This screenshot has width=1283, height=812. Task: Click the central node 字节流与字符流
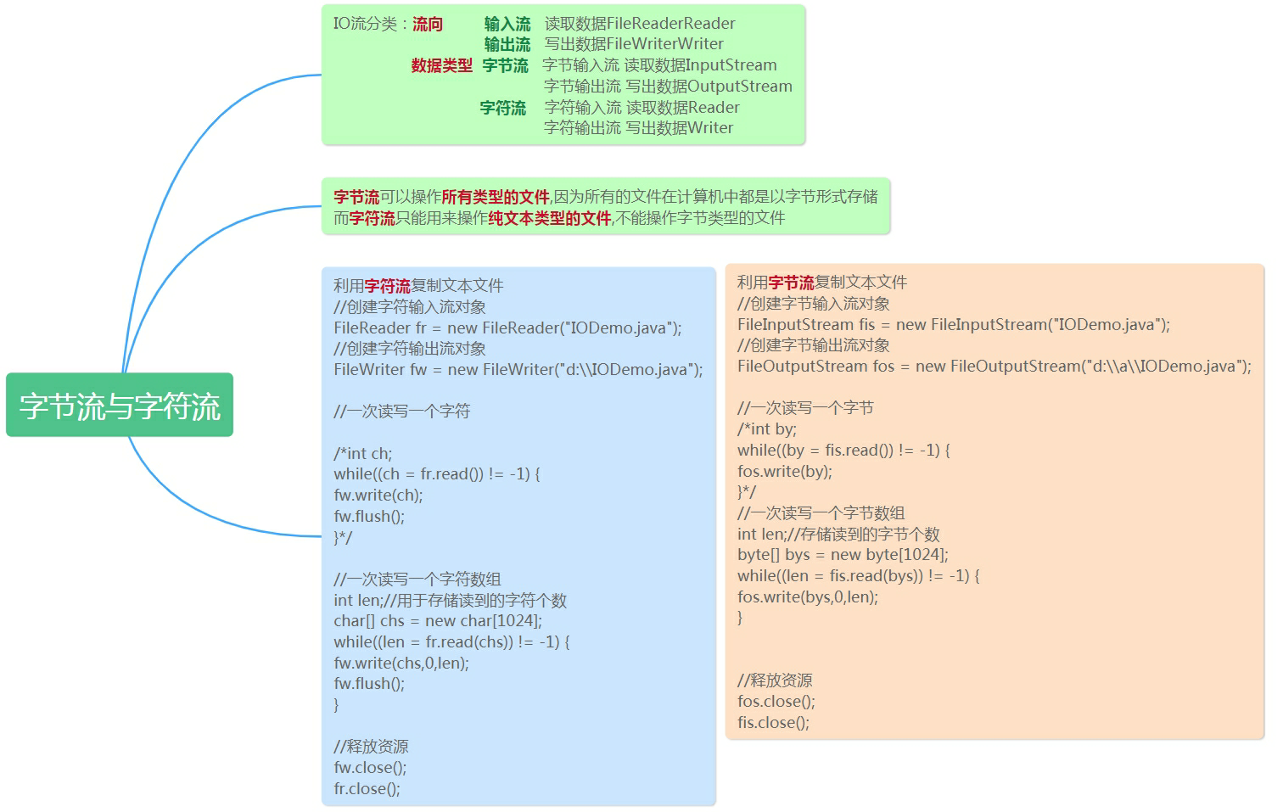tap(120, 406)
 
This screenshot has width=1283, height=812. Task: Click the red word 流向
tap(428, 24)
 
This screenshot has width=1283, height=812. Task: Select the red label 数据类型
tap(441, 65)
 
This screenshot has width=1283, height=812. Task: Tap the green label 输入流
tap(507, 24)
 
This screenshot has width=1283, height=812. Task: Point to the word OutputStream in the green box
tap(739, 86)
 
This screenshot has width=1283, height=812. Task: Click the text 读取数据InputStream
tap(700, 65)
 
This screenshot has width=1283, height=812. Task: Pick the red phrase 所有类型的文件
tap(496, 197)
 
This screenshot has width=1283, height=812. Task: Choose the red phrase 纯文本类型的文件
tap(550, 218)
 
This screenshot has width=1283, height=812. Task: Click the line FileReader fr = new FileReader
tap(507, 328)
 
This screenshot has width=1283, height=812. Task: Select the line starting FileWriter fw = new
tap(518, 369)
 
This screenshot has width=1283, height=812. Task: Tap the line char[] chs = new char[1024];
tap(438, 620)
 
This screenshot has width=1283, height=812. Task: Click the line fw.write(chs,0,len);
tap(401, 663)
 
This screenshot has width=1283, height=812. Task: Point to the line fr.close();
tap(367, 788)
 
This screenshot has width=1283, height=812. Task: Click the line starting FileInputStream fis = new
tap(953, 324)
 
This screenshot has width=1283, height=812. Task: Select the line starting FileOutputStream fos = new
tap(994, 366)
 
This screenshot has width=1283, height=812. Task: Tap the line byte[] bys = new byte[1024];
tap(843, 554)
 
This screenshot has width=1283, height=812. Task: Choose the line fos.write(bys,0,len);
tap(807, 596)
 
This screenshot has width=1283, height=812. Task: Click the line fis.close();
tap(773, 722)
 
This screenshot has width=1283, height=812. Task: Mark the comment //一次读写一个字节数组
tap(821, 512)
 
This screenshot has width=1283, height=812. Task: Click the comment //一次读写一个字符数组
tap(417, 579)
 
